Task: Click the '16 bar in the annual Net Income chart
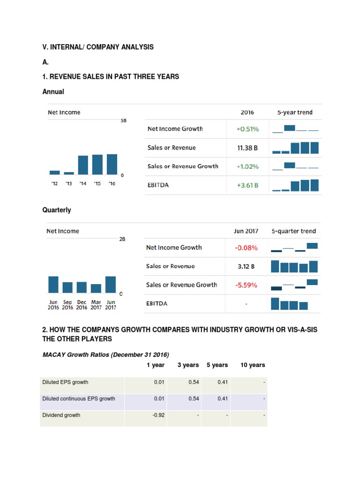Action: [x=112, y=164]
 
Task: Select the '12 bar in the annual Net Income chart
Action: [x=54, y=172]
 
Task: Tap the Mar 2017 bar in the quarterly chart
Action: [x=96, y=288]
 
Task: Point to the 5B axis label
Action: [x=123, y=120]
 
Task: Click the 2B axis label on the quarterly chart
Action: [x=122, y=239]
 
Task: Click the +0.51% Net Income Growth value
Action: [x=247, y=129]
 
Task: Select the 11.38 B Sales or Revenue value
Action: [x=247, y=148]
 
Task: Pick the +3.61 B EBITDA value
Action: [x=247, y=185]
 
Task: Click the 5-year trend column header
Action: [x=295, y=112]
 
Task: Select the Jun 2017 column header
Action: [x=246, y=231]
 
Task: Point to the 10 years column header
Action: [x=253, y=365]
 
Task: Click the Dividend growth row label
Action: [x=61, y=415]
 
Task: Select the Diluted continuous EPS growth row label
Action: [x=79, y=398]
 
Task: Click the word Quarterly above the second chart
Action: [x=57, y=210]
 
